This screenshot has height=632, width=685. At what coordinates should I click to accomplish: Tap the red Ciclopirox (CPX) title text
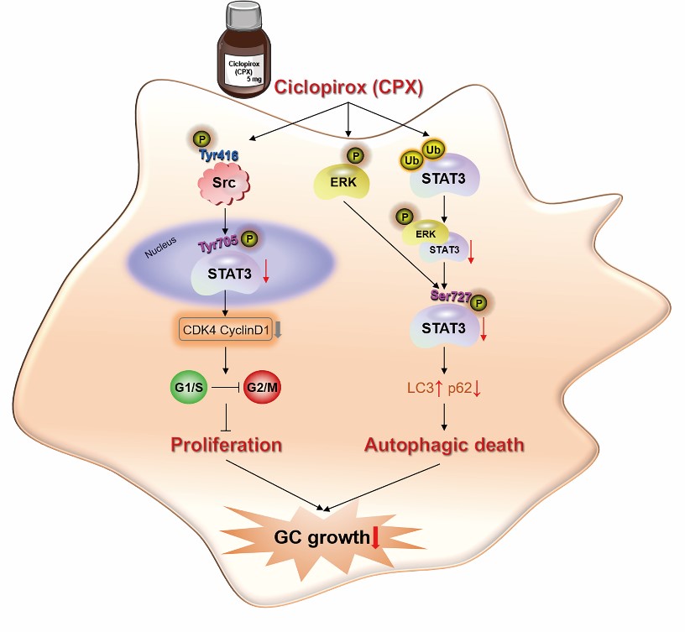pyautogui.click(x=348, y=87)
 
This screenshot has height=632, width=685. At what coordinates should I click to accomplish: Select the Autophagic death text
pyautogui.click(x=444, y=444)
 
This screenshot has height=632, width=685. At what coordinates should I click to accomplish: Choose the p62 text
pyautogui.click(x=459, y=390)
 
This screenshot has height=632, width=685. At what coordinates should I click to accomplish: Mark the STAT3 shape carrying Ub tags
pyautogui.click(x=442, y=179)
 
